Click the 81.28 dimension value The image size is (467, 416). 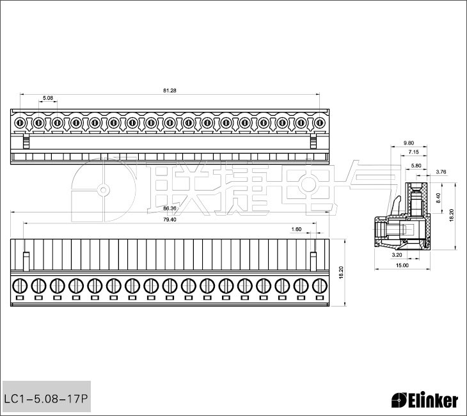(170, 91)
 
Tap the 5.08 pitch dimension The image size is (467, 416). (48, 98)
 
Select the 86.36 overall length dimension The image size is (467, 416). (170, 208)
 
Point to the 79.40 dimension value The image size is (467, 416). (170, 220)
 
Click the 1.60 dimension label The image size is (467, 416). (296, 229)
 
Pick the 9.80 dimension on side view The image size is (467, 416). (409, 143)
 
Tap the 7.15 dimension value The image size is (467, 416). (413, 152)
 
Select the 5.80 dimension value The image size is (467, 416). (416, 165)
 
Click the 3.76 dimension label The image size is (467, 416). (441, 172)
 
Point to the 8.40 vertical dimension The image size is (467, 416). (438, 198)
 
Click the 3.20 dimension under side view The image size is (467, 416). (397, 255)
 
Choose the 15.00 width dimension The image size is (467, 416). (402, 265)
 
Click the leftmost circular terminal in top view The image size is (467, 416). (20, 122)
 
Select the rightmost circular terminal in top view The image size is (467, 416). (320, 122)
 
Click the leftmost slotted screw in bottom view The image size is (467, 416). (20, 286)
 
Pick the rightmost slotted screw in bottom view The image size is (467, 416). (320, 286)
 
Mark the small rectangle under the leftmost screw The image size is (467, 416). (20, 298)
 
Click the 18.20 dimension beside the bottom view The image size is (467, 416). (342, 273)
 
